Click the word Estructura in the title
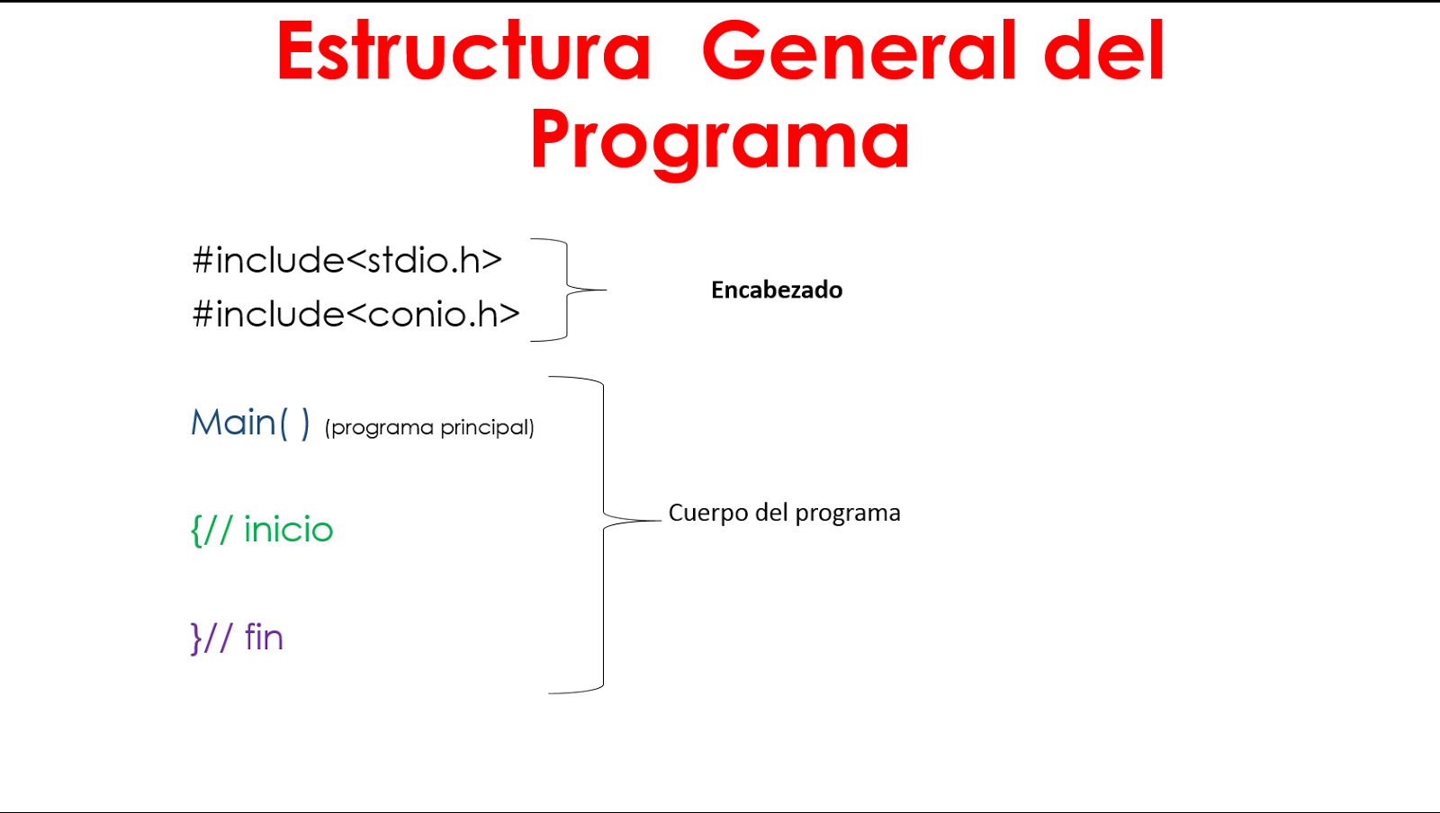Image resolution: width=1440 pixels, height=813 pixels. [x=463, y=52]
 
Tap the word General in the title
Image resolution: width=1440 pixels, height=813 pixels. [x=859, y=52]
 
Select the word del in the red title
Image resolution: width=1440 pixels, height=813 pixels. [x=1104, y=52]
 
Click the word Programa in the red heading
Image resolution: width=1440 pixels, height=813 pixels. [x=720, y=139]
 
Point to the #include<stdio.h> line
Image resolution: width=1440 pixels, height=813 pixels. [x=347, y=261]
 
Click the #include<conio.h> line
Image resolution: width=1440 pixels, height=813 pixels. [x=356, y=315]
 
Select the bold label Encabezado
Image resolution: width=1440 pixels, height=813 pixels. [x=777, y=290]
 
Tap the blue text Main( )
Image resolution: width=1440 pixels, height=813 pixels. [x=250, y=423]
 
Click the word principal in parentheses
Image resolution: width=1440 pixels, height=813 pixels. [x=487, y=428]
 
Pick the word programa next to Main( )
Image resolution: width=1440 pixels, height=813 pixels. [x=382, y=428]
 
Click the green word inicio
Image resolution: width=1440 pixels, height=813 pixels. [x=288, y=530]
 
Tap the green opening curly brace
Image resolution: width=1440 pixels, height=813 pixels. [x=196, y=531]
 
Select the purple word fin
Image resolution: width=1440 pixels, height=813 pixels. [x=264, y=638]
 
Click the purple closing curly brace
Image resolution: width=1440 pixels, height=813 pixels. [x=196, y=639]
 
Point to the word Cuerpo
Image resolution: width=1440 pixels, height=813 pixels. [x=707, y=514]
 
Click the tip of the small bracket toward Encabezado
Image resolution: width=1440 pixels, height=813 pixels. [x=605, y=290]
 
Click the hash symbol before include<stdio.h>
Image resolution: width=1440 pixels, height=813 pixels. [x=202, y=261]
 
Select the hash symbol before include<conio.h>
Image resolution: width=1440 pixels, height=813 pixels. [x=202, y=315]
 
